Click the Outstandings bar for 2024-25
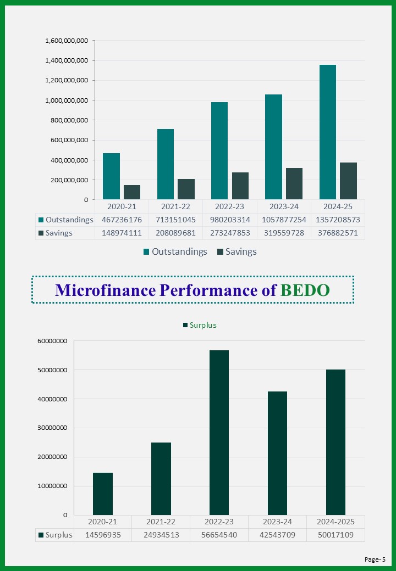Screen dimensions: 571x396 pyautogui.click(x=328, y=132)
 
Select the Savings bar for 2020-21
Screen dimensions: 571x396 pyautogui.click(x=131, y=192)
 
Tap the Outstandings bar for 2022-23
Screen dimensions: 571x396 pyautogui.click(x=219, y=150)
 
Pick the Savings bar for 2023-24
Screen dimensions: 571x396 pyautogui.click(x=294, y=183)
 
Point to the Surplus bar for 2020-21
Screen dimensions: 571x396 pyautogui.click(x=103, y=494)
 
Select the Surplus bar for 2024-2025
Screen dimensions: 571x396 pyautogui.click(x=335, y=442)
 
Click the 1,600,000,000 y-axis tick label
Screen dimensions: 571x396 pyautogui.click(x=67, y=41)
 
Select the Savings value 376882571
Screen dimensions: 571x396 pyautogui.click(x=338, y=233)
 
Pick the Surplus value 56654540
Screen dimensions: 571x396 pyautogui.click(x=219, y=535)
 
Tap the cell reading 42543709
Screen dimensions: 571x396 pyautogui.click(x=277, y=535)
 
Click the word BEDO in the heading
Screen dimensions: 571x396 pyautogui.click(x=305, y=290)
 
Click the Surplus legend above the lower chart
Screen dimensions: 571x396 pyautogui.click(x=200, y=325)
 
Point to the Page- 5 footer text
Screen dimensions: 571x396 pyautogui.click(x=375, y=559)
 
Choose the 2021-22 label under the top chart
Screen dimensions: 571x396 pyautogui.click(x=175, y=206)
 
